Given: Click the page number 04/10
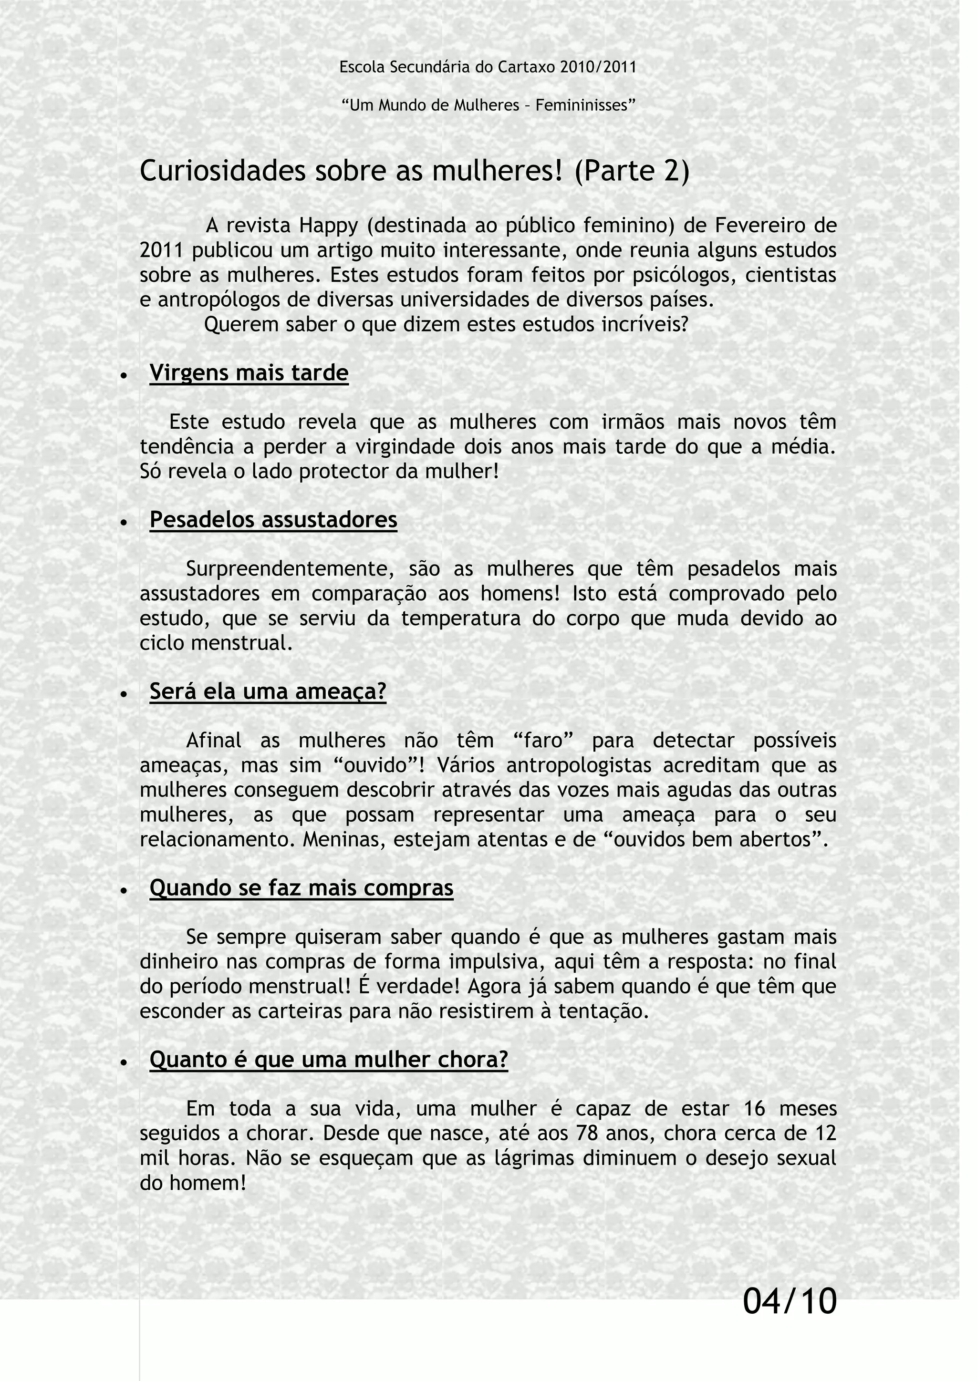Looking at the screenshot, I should pyautogui.click(x=790, y=1303).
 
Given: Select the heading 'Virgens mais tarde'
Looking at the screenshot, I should pyautogui.click(x=249, y=373).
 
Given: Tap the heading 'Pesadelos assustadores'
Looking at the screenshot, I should pyautogui.click(x=273, y=520).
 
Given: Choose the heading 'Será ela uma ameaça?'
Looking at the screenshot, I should pyautogui.click(x=268, y=692).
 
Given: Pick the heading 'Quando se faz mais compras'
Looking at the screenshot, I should pyautogui.click(x=301, y=888).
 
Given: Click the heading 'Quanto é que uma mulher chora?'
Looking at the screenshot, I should pyautogui.click(x=329, y=1060).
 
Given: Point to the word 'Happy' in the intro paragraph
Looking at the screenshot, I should pyautogui.click(x=329, y=226).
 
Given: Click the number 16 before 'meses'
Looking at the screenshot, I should pyautogui.click(x=754, y=1109).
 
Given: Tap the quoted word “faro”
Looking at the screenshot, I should pyautogui.click(x=543, y=741).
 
